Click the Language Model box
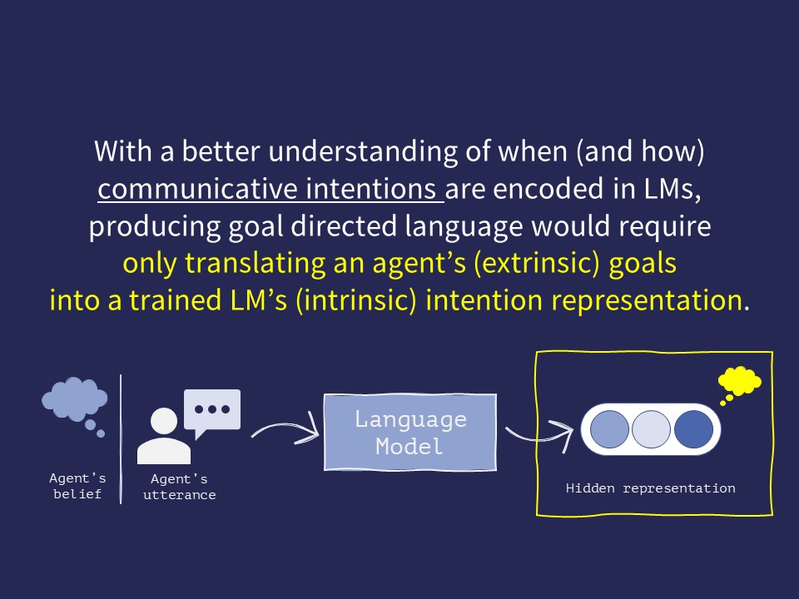coord(409,432)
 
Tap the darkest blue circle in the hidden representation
coord(693,429)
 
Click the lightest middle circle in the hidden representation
coord(652,429)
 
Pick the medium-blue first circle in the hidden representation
coord(610,429)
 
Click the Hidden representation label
coord(650,488)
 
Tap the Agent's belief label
coord(77,486)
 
